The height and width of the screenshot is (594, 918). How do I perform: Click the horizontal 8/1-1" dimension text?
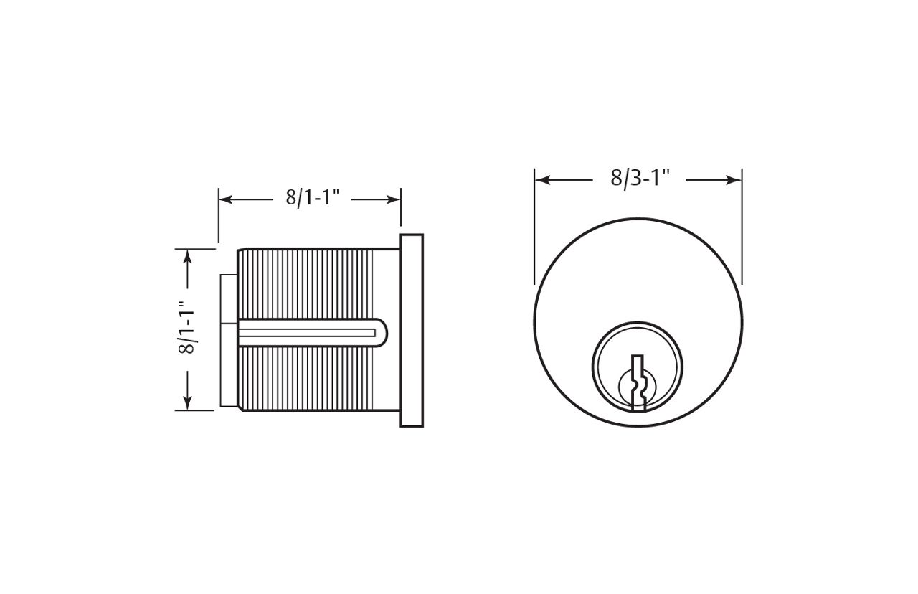click(x=312, y=198)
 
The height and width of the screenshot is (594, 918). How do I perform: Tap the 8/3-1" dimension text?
click(x=640, y=179)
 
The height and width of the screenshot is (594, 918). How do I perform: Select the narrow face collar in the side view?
click(x=412, y=330)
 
